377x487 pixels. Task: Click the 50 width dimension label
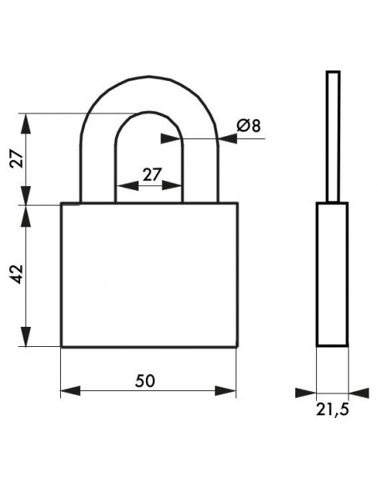(x=145, y=381)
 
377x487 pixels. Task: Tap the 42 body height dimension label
(x=17, y=274)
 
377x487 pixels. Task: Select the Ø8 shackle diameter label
(x=249, y=125)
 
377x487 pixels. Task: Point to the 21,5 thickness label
(x=333, y=409)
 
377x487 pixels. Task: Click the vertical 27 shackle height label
(x=17, y=158)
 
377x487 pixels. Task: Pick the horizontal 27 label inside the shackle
(x=152, y=174)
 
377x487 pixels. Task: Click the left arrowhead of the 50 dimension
(x=70, y=391)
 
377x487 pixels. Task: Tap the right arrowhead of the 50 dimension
(x=226, y=391)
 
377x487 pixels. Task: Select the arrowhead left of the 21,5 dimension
(x=305, y=393)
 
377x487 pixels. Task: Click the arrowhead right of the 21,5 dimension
(x=359, y=393)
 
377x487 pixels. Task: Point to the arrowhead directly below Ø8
(x=228, y=138)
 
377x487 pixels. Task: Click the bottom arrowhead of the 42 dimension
(x=26, y=336)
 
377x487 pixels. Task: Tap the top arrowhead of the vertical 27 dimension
(x=26, y=123)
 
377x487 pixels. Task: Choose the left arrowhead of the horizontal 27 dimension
(x=127, y=186)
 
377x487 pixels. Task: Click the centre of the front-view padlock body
(x=149, y=274)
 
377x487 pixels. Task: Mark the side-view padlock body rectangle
(x=332, y=274)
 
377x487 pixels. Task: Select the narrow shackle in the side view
(x=333, y=137)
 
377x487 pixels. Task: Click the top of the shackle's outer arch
(x=149, y=77)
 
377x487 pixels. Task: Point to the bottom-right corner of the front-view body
(x=238, y=346)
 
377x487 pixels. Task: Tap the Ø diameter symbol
(x=244, y=125)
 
